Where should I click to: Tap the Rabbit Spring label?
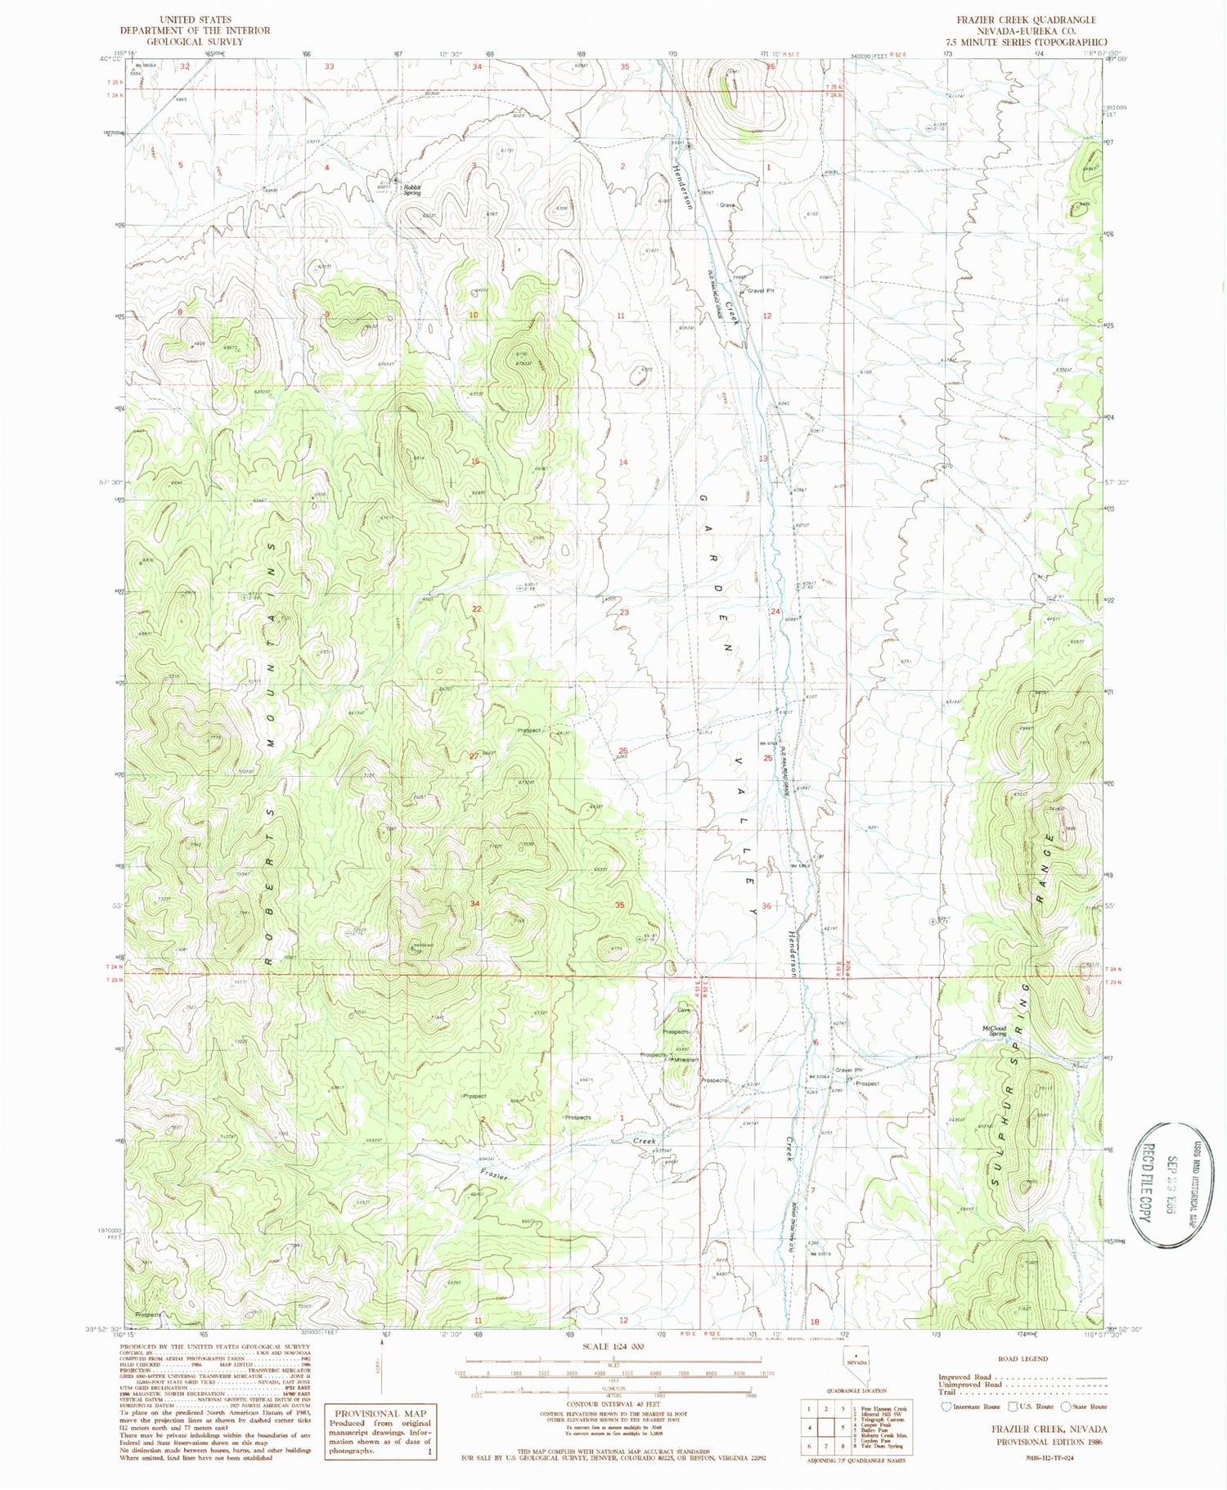pos(411,190)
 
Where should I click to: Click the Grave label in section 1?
pos(727,205)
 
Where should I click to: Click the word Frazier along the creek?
pos(494,1174)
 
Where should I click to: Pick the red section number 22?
pos(476,609)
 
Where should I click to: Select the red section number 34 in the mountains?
pos(475,903)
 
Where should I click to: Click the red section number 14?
pos(623,462)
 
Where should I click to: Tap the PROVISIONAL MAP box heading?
pos(381,1413)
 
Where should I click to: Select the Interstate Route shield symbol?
pos(948,1407)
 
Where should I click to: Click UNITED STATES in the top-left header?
pos(195,20)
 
